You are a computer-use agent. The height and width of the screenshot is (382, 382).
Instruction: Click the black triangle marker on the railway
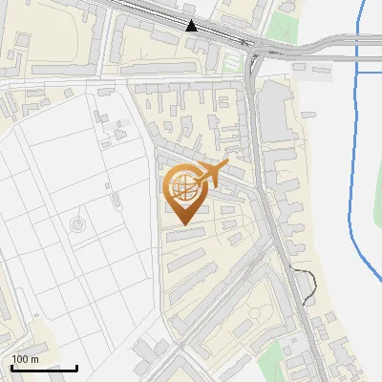pos(192,26)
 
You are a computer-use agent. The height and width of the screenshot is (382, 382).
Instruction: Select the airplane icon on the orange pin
pos(212,173)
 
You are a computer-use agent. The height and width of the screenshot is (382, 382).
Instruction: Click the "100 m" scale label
pos(26,359)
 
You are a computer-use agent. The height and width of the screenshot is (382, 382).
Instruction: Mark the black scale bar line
pos(44,369)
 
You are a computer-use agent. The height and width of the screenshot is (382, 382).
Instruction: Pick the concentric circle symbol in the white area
pos(77,224)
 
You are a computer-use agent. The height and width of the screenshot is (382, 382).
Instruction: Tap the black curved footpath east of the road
pos(308,285)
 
